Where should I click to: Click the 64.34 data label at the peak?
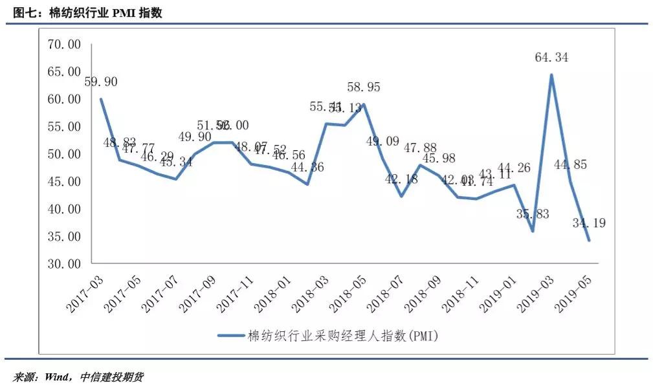coord(551,58)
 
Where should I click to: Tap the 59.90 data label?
coord(101,82)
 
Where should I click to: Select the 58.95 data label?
coord(364,87)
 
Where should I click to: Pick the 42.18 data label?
coord(401,179)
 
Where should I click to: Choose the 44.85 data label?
coord(570,165)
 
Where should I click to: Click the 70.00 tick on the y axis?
coord(63,44)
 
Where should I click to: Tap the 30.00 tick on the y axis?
coord(63,264)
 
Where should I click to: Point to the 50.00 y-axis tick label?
coord(63,154)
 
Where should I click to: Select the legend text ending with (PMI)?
coord(343,335)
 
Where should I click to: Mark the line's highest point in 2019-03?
coord(551,74)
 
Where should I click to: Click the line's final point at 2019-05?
coord(589,240)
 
